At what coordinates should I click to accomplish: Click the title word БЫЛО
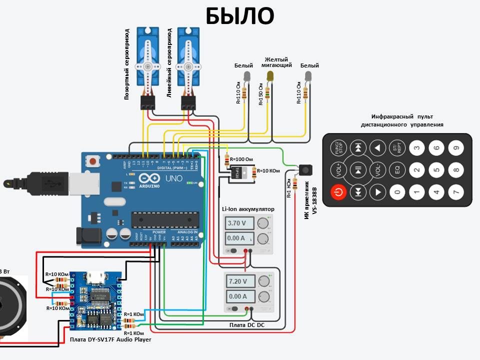pos(240,16)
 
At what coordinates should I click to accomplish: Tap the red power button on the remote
pos(338,191)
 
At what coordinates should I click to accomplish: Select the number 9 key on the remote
pos(454,147)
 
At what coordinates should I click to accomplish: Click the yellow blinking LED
pos(270,76)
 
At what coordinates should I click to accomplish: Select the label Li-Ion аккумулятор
pos(248,208)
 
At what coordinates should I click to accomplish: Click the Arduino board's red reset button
pos(92,161)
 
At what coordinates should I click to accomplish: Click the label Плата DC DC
pos(247,325)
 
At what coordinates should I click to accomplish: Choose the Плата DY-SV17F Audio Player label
pos(110,339)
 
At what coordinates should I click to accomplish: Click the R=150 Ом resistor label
pos(260,94)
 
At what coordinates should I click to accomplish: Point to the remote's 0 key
pos(397,191)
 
